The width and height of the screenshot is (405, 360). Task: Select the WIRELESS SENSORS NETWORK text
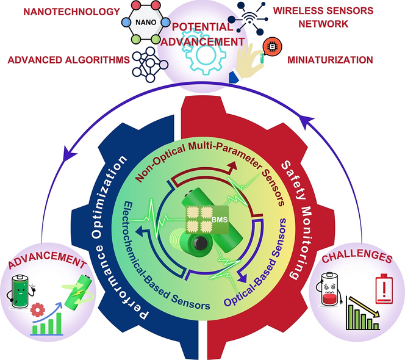point(328,17)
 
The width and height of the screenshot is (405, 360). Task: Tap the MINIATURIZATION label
point(329,60)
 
